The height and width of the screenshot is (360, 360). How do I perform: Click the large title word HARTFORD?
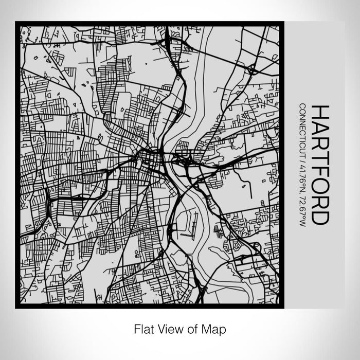coord(320,165)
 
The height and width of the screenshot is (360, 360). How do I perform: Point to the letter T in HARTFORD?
coord(320,156)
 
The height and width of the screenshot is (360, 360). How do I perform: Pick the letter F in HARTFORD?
coord(320,170)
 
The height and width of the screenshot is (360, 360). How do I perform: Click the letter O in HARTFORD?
coord(320,185)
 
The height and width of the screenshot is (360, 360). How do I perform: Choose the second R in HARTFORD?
coord(320,201)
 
